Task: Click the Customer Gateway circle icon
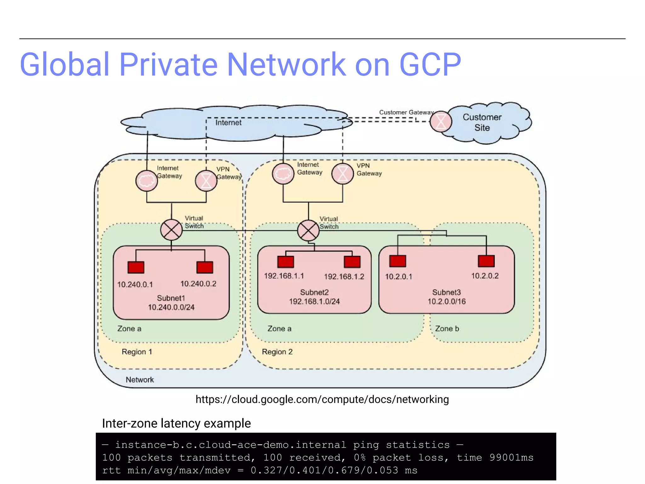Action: (x=441, y=122)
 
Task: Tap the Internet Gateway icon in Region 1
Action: (x=146, y=181)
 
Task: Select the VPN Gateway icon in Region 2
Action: (x=342, y=174)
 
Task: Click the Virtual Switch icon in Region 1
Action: (x=171, y=230)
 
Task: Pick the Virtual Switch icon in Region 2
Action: (x=308, y=230)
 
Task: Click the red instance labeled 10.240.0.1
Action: (x=136, y=267)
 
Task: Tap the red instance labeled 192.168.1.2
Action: (x=352, y=262)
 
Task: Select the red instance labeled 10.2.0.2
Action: (x=486, y=261)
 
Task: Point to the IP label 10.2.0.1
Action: (x=398, y=277)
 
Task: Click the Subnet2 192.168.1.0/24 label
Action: (x=314, y=297)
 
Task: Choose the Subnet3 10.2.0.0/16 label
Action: (x=446, y=297)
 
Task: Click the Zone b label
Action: (x=447, y=329)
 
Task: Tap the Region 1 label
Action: (x=137, y=352)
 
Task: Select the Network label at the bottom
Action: (x=140, y=380)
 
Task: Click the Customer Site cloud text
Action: (x=482, y=122)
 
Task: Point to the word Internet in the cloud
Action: (x=228, y=123)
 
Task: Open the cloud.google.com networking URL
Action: (x=322, y=399)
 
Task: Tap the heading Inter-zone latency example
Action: (x=176, y=423)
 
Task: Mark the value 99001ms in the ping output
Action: (x=511, y=458)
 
